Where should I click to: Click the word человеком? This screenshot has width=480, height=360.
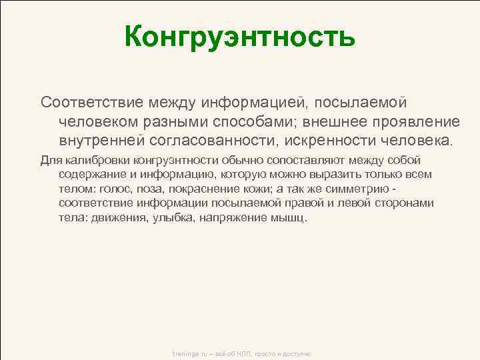(100, 122)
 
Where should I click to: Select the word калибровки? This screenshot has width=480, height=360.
(98, 160)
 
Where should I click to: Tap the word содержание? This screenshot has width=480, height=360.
(91, 175)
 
